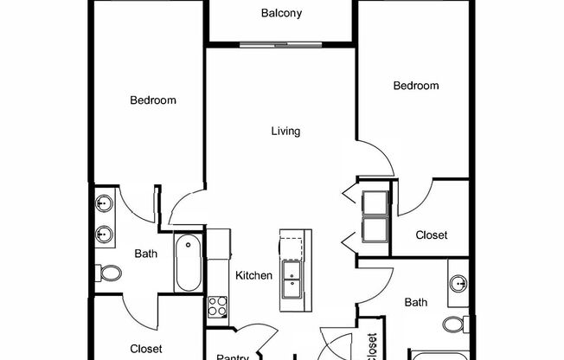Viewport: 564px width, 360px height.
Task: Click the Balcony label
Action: pos(281,14)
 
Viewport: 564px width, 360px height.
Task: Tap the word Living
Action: pos(285,132)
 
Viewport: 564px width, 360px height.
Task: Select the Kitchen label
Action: pos(254,276)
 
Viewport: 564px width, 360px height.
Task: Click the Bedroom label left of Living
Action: pos(153,100)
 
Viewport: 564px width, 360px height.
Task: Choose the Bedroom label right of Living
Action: pos(416,86)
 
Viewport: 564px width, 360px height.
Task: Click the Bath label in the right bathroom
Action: pos(416,302)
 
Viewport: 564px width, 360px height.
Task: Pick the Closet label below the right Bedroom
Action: pos(432,235)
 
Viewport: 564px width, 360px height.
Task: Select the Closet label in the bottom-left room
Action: pos(146,349)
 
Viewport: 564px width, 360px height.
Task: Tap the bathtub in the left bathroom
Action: pos(189,263)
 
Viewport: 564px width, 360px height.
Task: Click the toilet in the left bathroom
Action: pos(110,273)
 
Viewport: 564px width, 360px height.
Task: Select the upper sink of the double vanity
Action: pos(104,204)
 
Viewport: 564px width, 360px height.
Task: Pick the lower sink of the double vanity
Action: pos(104,234)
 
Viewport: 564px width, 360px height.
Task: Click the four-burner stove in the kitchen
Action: pos(217,305)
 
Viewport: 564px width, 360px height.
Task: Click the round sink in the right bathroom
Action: pos(458,284)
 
